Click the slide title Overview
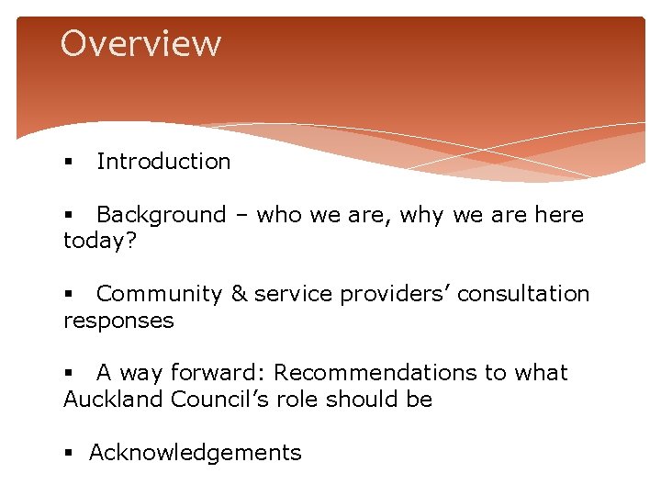click(x=140, y=43)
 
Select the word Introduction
click(x=163, y=162)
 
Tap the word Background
click(x=161, y=215)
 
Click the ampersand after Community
click(x=239, y=294)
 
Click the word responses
click(x=118, y=321)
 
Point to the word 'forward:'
click(x=218, y=373)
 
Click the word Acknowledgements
click(x=195, y=453)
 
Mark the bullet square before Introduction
click(x=68, y=163)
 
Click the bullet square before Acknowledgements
click(x=68, y=454)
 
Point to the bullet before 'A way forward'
click(x=68, y=374)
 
